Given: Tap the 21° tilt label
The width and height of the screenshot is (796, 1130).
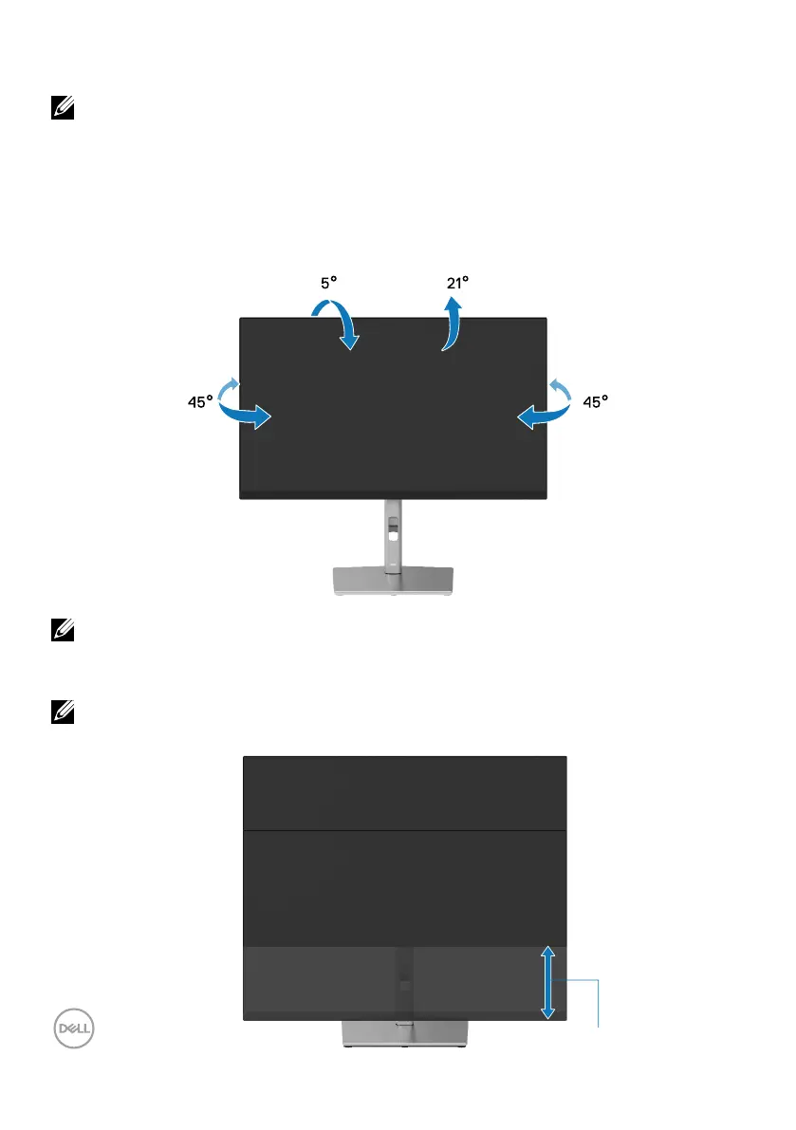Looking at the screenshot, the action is pos(458,284).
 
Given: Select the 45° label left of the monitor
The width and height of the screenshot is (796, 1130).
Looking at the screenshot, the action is pos(200,402).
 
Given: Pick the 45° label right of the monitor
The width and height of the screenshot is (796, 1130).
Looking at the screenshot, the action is pos(595,402).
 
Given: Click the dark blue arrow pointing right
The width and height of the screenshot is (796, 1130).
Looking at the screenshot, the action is pos(246,414).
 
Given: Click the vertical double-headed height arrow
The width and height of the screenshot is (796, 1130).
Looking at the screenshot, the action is pos(547,983).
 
